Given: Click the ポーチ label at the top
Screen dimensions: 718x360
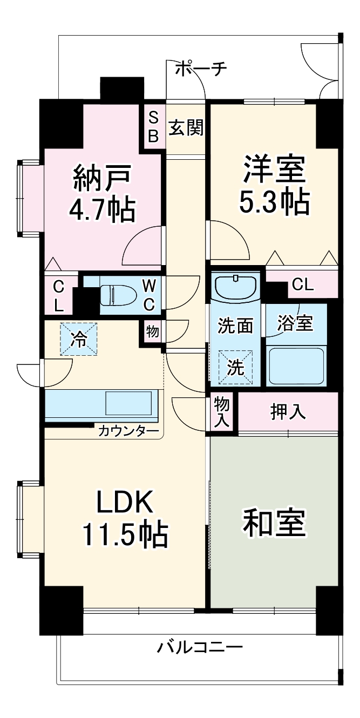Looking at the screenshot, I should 201,69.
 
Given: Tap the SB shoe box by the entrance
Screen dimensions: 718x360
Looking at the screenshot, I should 153,126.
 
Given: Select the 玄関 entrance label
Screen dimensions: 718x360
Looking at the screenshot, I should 186,128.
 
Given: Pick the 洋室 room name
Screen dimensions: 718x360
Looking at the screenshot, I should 274,169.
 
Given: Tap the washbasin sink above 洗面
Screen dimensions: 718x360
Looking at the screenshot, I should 236,286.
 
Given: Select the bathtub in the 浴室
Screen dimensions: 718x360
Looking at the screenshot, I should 295,365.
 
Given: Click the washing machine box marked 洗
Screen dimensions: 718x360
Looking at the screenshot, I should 235,367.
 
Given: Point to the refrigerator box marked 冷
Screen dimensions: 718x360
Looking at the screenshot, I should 79,340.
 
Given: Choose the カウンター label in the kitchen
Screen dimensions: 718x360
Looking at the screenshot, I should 128,431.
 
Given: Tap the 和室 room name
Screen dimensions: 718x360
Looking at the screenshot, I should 274,522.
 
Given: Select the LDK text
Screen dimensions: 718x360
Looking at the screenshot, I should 125,503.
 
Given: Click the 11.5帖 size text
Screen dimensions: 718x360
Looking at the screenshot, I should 125,534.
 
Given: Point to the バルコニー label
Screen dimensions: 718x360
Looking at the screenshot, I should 200,646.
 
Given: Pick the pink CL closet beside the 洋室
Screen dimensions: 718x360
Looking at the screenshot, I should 302,285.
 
